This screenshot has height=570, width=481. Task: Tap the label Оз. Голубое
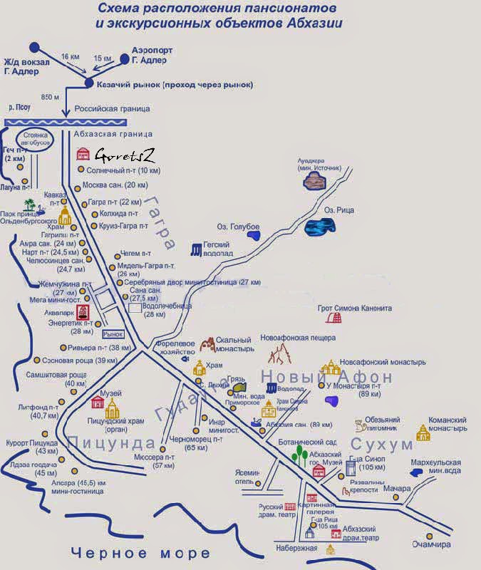239,227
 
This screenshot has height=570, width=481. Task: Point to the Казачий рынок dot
89,83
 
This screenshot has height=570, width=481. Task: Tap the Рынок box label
113,333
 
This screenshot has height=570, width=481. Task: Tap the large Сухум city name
381,445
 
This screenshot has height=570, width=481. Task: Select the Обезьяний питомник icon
362,425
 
